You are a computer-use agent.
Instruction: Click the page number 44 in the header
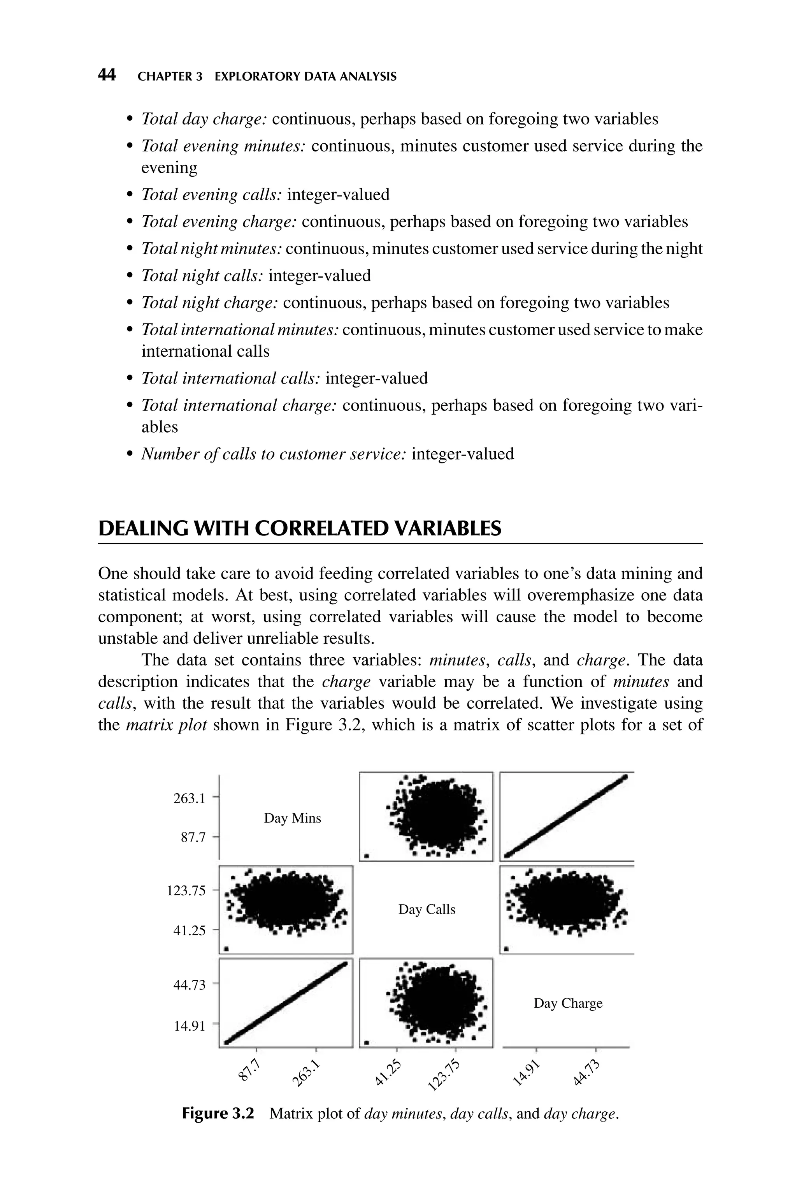coord(107,76)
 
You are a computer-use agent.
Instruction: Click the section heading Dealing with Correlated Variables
coord(299,529)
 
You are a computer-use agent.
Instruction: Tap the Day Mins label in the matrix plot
coord(292,818)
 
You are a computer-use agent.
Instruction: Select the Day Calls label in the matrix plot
coord(427,909)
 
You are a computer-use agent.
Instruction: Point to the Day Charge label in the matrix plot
coord(568,1003)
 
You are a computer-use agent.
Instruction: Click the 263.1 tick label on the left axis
coord(190,798)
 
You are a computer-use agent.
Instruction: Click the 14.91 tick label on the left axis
coord(190,1026)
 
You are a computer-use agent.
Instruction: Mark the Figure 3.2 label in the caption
coord(218,1114)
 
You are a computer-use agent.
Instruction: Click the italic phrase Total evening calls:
coord(211,195)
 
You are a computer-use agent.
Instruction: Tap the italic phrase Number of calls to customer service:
coord(273,454)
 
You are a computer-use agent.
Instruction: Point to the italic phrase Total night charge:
coord(209,303)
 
